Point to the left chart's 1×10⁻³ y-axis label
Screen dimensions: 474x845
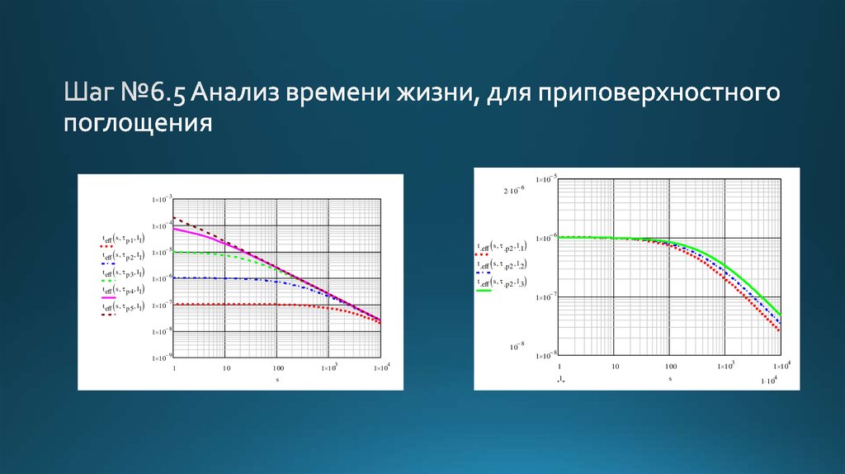[x=161, y=199]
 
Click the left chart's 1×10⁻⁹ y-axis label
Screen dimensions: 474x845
[x=161, y=359]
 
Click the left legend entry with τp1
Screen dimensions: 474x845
[x=124, y=239]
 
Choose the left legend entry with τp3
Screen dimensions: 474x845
[x=124, y=272]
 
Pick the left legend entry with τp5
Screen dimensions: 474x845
[x=124, y=306]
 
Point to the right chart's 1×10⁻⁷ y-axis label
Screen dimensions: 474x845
[x=545, y=296]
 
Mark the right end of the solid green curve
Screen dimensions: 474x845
[x=780, y=315]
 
